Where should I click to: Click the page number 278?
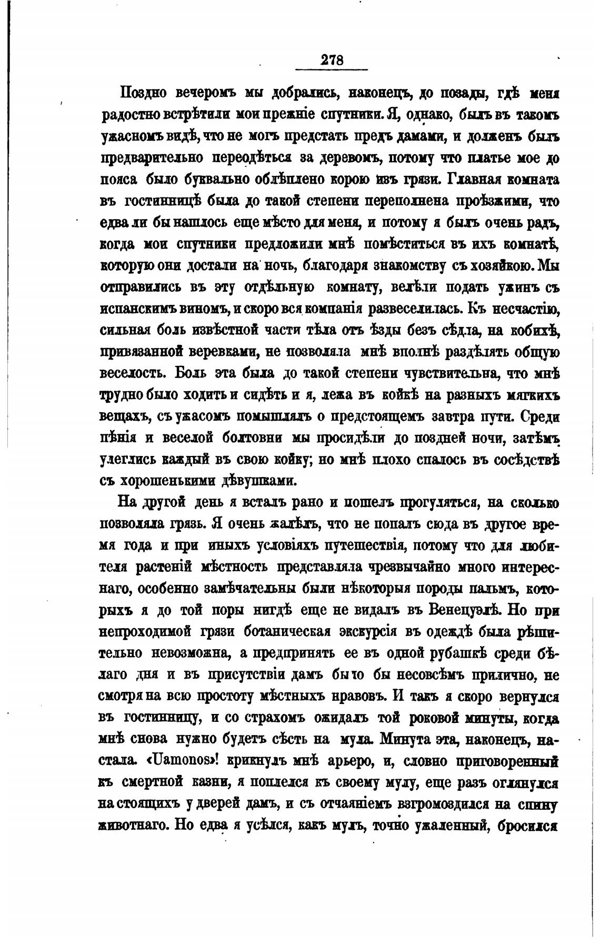tap(332, 59)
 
